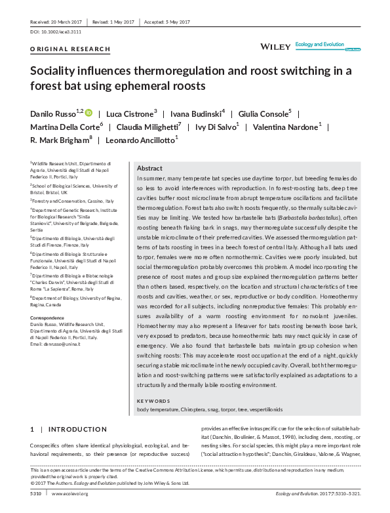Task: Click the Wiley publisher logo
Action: (x=275, y=47)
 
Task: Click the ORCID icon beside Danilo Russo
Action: (x=88, y=113)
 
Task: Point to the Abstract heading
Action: (x=149, y=169)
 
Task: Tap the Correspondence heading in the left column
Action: (x=49, y=318)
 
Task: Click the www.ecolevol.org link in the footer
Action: (x=70, y=493)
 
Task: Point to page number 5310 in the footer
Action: (x=36, y=493)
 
